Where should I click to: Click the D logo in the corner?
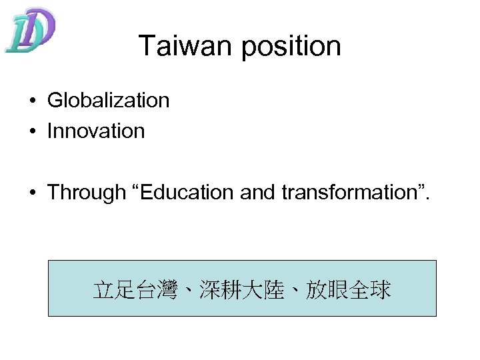pos(29,30)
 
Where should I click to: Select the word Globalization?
pos(108,101)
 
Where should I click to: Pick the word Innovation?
pos(95,131)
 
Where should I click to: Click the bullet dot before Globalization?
pos(32,101)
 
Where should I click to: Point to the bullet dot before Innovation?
pos(32,131)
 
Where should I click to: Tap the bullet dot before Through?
pos(32,193)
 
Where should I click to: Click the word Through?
pos(87,193)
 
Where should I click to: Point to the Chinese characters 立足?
pos(113,290)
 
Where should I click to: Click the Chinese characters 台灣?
pos(157,290)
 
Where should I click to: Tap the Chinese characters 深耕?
pos(220,290)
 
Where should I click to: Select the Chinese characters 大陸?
pos(263,290)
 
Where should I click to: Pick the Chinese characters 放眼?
pos(327,290)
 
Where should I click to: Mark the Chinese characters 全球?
pos(369,290)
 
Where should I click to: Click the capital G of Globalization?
pos(55,101)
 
